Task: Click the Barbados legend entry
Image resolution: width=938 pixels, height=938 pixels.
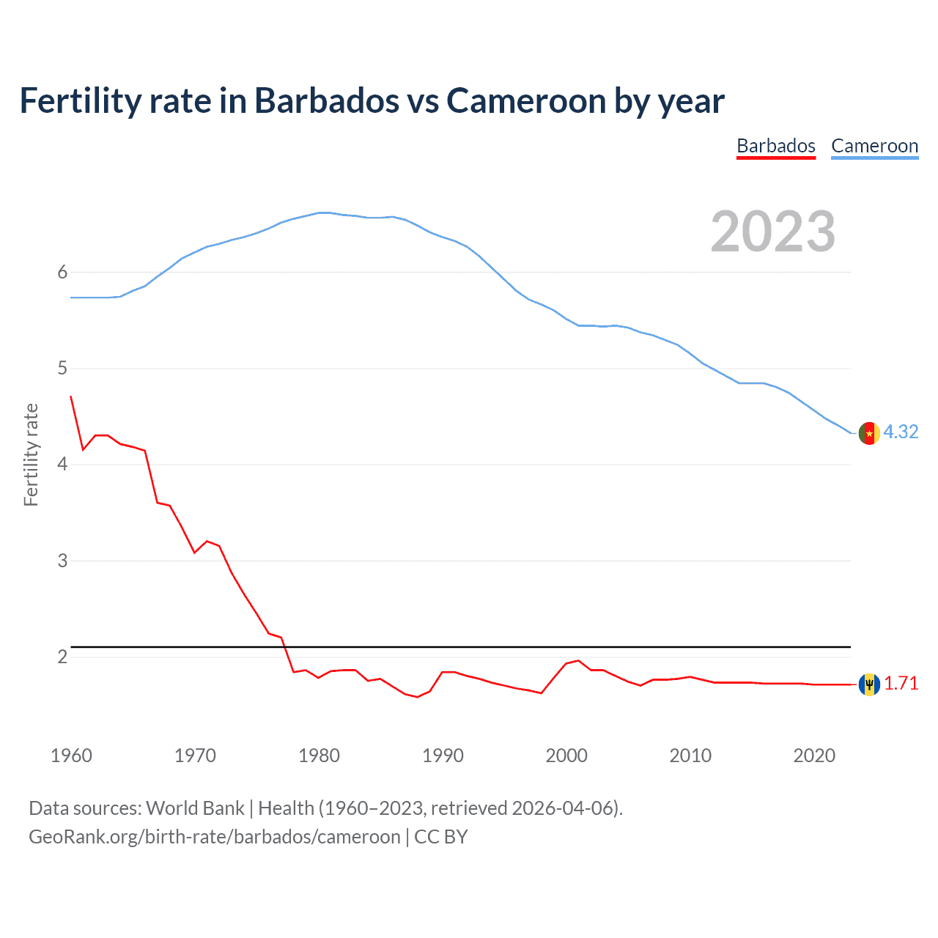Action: pos(776,146)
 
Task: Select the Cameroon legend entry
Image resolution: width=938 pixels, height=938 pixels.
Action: pos(874,146)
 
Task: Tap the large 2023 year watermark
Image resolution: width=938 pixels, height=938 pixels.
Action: pos(772,232)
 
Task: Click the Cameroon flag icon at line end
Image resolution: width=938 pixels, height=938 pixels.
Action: pos(869,433)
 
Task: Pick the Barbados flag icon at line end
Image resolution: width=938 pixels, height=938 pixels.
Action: pos(869,684)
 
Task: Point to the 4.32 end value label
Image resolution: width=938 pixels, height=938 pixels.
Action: pos(901,432)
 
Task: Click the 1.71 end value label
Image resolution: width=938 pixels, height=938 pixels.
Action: pos(901,683)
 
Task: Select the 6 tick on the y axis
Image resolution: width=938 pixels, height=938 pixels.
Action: pos(62,272)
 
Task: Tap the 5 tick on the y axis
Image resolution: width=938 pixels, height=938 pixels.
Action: pos(62,368)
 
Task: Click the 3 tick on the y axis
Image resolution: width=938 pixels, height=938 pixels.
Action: pos(62,561)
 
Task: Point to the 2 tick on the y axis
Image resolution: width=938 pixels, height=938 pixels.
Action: pos(62,657)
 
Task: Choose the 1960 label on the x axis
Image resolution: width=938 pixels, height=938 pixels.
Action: pos(71,756)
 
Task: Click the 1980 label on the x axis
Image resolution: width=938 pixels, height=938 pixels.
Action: pos(319,756)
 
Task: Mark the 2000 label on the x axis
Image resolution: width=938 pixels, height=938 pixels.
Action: pos(566,756)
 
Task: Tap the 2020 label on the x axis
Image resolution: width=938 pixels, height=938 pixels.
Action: pos(814,756)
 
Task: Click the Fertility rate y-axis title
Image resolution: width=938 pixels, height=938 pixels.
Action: pos(31,454)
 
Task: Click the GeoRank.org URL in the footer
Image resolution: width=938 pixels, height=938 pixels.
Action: pos(214,837)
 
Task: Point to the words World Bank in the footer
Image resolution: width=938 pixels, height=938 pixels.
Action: pos(195,808)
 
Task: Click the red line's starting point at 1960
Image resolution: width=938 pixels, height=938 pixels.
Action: pos(71,396)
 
